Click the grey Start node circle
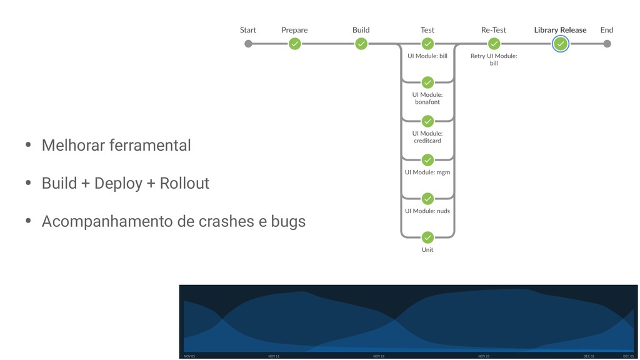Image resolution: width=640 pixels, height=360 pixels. pyautogui.click(x=248, y=44)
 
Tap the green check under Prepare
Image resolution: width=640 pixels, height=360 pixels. pyautogui.click(x=294, y=44)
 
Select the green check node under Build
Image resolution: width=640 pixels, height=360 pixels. pyautogui.click(x=361, y=44)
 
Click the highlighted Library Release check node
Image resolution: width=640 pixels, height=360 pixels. pyautogui.click(x=561, y=44)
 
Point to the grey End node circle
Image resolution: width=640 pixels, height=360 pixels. pyautogui.click(x=607, y=44)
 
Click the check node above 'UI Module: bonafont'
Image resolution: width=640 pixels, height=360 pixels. pyautogui.click(x=427, y=82)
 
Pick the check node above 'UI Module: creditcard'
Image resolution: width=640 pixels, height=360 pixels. pyautogui.click(x=427, y=121)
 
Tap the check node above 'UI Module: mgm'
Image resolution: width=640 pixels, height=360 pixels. pyautogui.click(x=427, y=160)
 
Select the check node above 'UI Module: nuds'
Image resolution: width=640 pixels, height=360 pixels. pyautogui.click(x=427, y=199)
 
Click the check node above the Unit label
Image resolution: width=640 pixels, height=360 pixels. pyautogui.click(x=427, y=237)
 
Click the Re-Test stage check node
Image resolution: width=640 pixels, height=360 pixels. pyautogui.click(x=494, y=44)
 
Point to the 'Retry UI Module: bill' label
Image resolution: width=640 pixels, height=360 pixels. pyautogui.click(x=494, y=59)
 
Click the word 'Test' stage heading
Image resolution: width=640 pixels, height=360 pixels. pyautogui.click(x=427, y=30)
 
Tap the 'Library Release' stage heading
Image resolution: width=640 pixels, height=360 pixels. pyautogui.click(x=560, y=30)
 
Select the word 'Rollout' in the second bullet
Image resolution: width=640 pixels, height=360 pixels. pyautogui.click(x=184, y=184)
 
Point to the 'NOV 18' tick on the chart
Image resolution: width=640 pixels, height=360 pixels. pyautogui.click(x=379, y=356)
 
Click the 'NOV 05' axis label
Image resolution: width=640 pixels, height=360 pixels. pyautogui.click(x=189, y=356)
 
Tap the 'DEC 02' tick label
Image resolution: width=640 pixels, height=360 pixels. pyautogui.click(x=589, y=356)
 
